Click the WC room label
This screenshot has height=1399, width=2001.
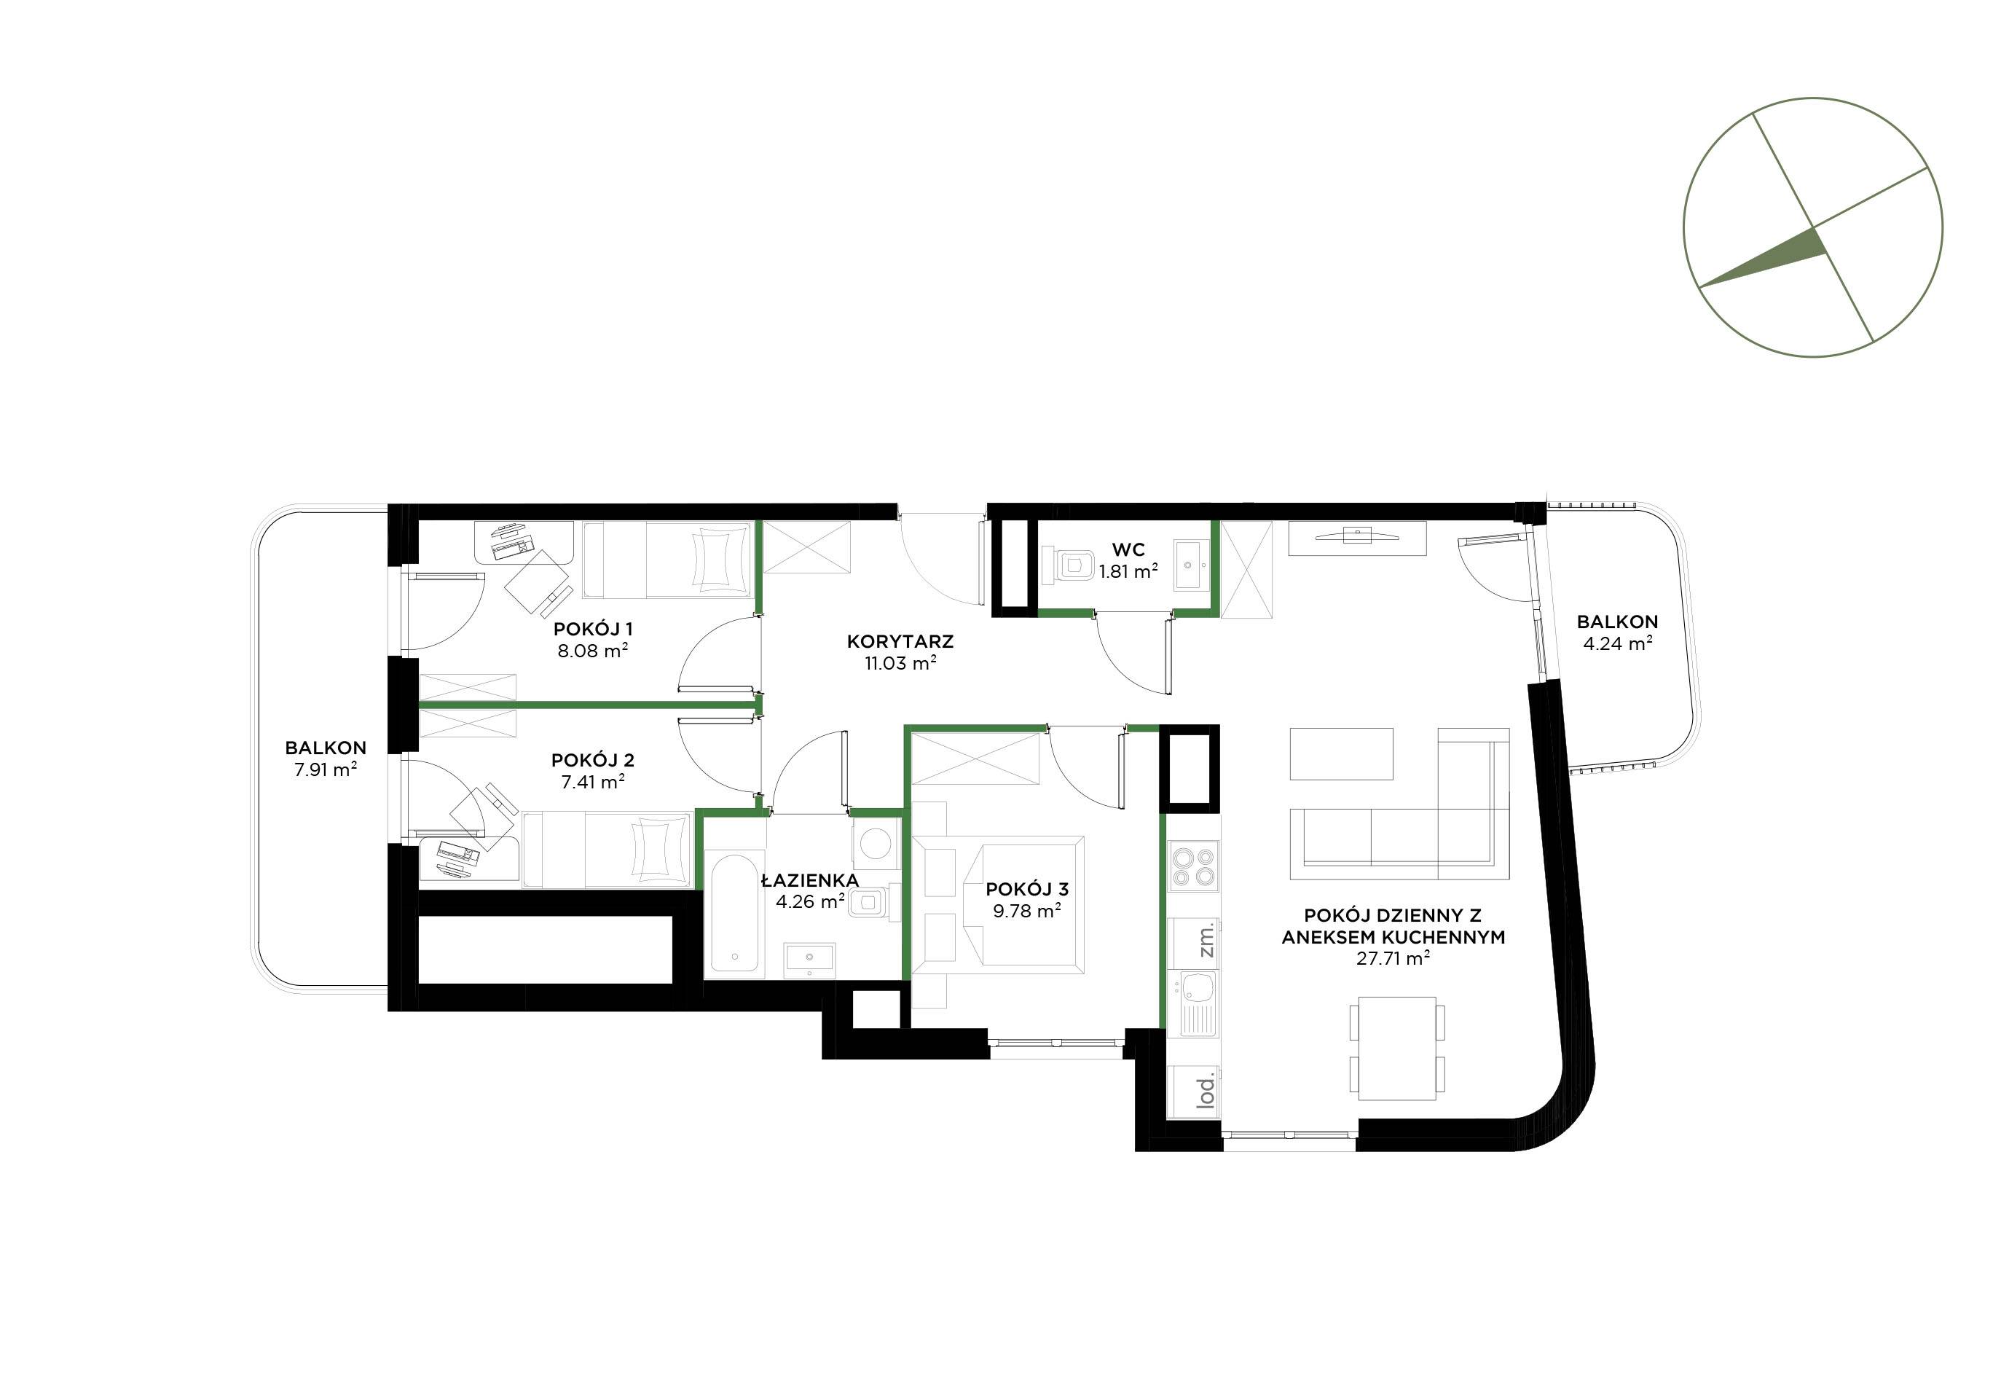pyautogui.click(x=1128, y=550)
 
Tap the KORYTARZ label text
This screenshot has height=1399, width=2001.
pyautogui.click(x=900, y=641)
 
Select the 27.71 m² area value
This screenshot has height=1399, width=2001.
pyautogui.click(x=1393, y=959)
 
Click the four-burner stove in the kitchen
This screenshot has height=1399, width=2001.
pyautogui.click(x=1193, y=866)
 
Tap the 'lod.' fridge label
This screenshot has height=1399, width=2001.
pyautogui.click(x=1206, y=1092)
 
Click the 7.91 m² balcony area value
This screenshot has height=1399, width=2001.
pyautogui.click(x=326, y=769)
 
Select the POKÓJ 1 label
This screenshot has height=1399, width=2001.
pyautogui.click(x=594, y=630)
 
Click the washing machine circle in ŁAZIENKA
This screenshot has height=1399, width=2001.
pyautogui.click(x=871, y=843)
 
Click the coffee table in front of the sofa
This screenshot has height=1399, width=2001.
pyautogui.click(x=1341, y=753)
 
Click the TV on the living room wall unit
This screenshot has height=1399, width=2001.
pyautogui.click(x=1357, y=534)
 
